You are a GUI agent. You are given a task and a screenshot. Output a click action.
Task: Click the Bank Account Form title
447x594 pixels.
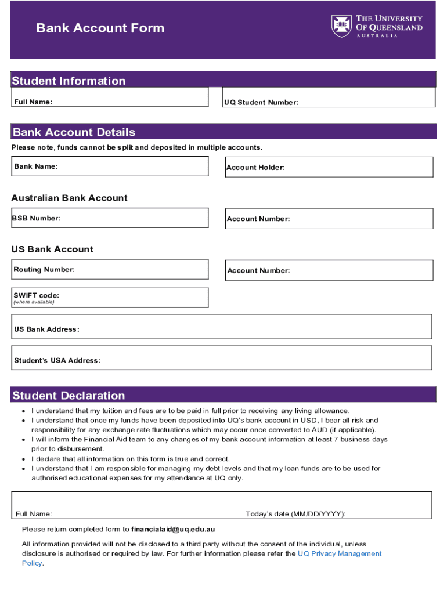click(100, 28)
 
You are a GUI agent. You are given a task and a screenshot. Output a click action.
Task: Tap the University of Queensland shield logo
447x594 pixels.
click(341, 26)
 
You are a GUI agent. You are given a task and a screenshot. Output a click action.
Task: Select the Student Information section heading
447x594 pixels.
click(69, 81)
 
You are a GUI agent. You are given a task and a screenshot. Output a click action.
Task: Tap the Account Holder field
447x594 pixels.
click(329, 167)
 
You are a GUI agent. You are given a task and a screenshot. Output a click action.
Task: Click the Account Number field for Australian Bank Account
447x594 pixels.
click(329, 219)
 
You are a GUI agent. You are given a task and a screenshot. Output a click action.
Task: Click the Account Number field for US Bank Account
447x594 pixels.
click(329, 270)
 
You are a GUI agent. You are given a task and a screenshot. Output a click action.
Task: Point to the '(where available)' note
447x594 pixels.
click(34, 302)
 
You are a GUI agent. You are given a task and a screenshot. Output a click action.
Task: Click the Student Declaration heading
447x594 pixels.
click(69, 396)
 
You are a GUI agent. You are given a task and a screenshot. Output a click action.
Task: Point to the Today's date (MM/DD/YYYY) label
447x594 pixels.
click(295, 514)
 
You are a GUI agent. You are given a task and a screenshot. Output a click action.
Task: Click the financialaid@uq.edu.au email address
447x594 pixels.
click(173, 529)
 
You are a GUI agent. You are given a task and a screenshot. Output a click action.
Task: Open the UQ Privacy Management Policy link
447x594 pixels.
click(339, 553)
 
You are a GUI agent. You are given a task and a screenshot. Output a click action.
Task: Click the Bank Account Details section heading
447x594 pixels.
click(74, 132)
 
